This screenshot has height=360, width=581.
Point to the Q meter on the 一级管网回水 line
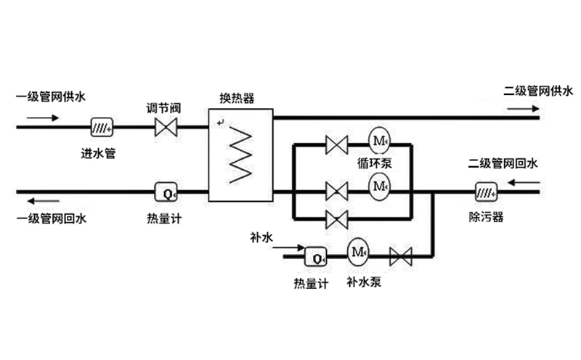point(167,193)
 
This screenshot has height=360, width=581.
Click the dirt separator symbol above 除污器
point(486,193)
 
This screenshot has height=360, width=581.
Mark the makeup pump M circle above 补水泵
point(357,252)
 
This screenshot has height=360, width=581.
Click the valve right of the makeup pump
point(400,256)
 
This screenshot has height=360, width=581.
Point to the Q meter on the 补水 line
point(315,256)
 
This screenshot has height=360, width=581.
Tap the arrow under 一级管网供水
point(41,117)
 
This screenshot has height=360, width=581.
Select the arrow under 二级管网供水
point(519,108)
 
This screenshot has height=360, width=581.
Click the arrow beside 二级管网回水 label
point(523,183)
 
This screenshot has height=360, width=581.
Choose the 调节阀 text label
point(163,108)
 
